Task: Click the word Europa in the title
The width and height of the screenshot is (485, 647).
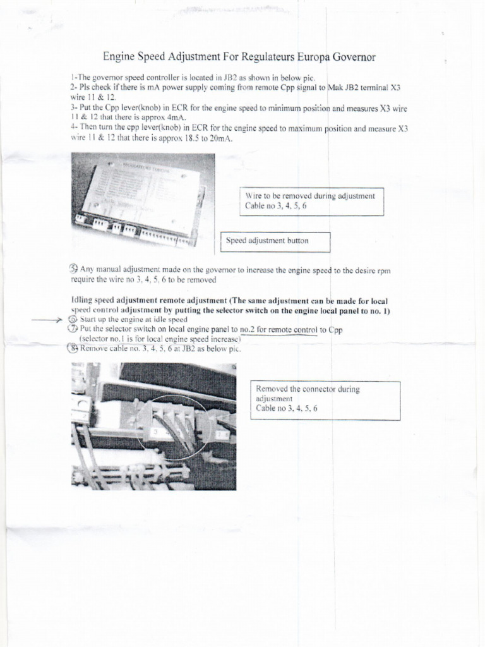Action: tap(308, 57)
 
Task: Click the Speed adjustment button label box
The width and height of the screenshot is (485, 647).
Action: tap(275, 241)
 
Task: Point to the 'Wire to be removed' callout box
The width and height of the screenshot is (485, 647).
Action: tap(311, 201)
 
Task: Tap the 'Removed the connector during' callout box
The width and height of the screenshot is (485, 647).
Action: tap(325, 400)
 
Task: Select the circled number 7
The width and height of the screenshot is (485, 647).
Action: tap(73, 329)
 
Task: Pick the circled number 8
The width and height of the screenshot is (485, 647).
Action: tap(73, 348)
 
